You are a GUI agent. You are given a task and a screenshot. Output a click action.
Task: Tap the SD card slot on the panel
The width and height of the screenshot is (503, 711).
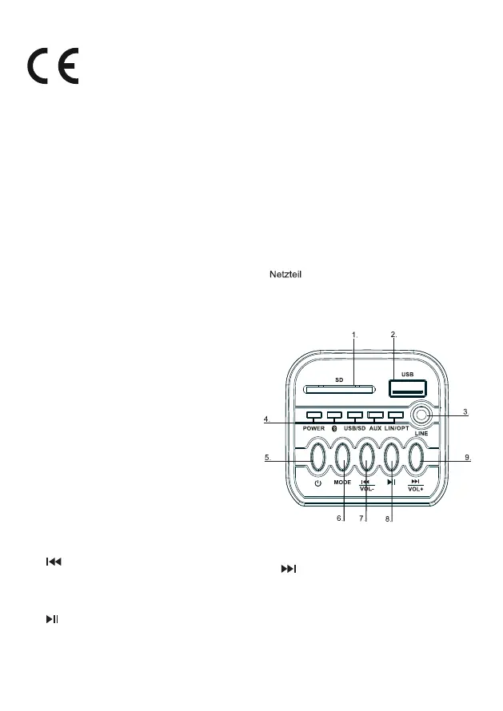338,389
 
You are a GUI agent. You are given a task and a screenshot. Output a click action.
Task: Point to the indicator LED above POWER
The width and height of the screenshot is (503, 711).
313,415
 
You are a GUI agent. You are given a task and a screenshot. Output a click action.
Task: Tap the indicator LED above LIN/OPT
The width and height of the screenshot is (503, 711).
396,415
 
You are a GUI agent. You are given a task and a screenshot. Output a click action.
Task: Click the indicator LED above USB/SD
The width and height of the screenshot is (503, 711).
354,415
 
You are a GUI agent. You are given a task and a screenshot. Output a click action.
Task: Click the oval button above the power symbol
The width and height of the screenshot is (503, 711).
318,458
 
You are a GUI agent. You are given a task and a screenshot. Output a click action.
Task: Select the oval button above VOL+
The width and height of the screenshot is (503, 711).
416,458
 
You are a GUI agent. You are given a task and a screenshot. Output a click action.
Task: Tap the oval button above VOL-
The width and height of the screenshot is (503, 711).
367,458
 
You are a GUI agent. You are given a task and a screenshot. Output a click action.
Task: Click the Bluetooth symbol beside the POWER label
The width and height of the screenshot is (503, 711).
334,428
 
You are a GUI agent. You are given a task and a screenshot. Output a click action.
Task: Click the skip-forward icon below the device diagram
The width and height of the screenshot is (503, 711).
289,569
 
